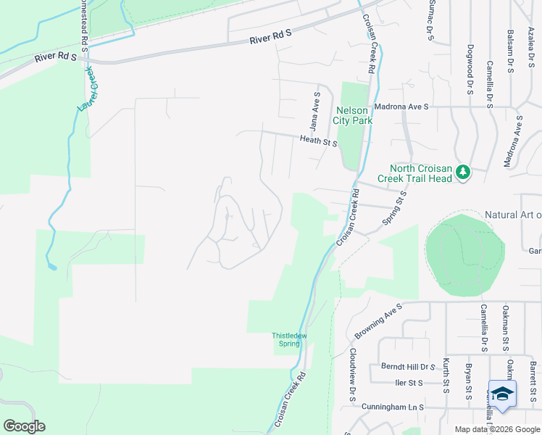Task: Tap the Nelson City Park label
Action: [353, 115]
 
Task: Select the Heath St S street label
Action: [318, 141]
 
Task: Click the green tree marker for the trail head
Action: [462, 172]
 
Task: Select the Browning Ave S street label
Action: [378, 321]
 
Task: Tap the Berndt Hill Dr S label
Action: [407, 367]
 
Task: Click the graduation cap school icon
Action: [502, 394]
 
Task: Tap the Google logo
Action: [24, 426]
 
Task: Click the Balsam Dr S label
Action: [510, 51]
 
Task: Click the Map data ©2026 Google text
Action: [497, 429]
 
